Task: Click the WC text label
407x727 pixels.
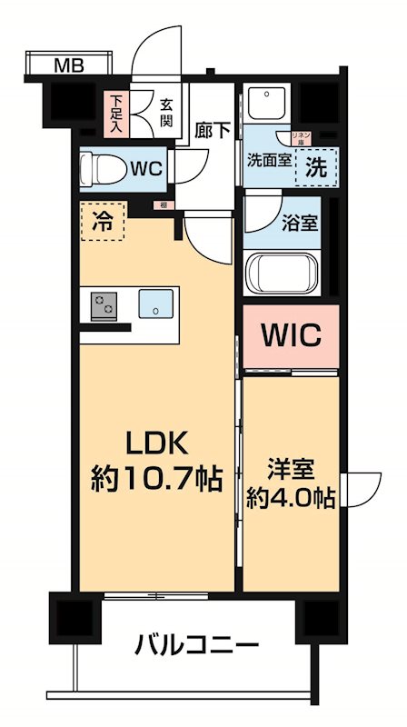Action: [x=145, y=169]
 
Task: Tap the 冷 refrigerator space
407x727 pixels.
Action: [x=104, y=219]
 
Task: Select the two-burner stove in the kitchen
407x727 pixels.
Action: [x=104, y=304]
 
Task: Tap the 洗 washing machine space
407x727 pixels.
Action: [x=314, y=166]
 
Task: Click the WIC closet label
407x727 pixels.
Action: [x=292, y=335]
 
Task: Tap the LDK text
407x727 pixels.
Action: [x=155, y=444]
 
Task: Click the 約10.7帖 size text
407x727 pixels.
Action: [x=155, y=479]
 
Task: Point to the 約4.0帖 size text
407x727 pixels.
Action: [x=290, y=499]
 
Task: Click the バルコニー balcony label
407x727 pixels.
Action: [x=195, y=647]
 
